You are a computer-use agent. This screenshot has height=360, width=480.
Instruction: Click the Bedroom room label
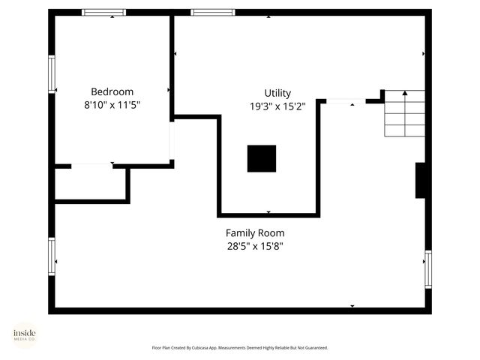(x=112, y=92)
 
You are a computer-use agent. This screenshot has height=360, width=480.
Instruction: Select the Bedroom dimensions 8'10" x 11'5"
(x=112, y=106)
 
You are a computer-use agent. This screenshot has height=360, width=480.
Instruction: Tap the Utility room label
(x=277, y=93)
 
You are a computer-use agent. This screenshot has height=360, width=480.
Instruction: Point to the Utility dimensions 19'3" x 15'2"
(x=277, y=106)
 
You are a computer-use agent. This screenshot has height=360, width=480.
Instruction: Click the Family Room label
(x=255, y=232)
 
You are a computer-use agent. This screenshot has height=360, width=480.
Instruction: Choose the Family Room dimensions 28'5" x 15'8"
(x=255, y=246)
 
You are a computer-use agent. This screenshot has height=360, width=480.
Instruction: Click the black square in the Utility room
(x=262, y=158)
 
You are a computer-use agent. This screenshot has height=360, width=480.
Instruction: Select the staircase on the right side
(x=405, y=114)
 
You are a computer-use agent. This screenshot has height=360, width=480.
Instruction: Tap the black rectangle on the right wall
(x=421, y=180)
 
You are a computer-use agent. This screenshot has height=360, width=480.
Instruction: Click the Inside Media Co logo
(x=24, y=334)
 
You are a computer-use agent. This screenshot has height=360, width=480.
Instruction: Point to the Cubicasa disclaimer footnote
(x=240, y=348)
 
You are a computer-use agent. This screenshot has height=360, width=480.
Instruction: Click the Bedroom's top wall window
(x=103, y=12)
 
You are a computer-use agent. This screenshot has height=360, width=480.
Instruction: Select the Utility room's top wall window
(x=213, y=12)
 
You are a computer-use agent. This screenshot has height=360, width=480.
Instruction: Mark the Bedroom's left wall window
(x=52, y=74)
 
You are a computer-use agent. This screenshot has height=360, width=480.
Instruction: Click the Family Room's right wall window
(x=428, y=269)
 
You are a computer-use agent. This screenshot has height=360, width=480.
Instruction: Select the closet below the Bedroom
(x=90, y=184)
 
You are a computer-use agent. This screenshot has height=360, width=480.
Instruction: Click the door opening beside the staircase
(x=346, y=101)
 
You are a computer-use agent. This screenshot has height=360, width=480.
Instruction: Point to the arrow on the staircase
(x=405, y=94)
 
